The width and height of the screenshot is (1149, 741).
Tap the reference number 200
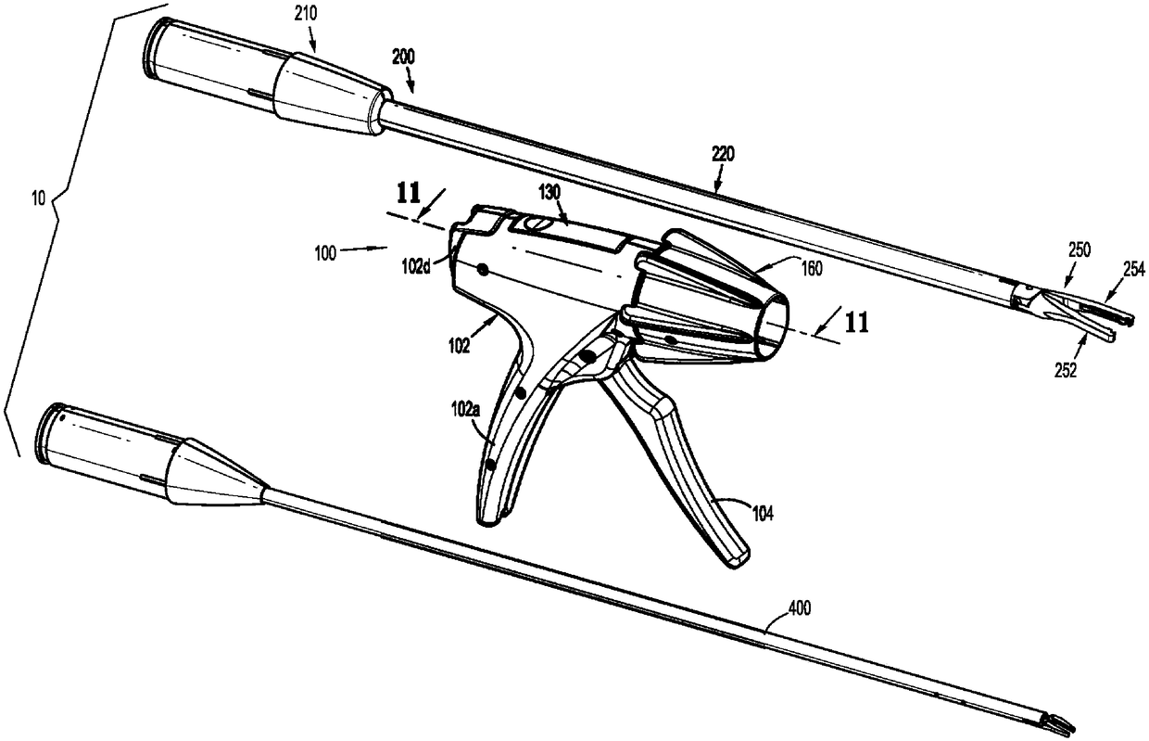tap(403, 58)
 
